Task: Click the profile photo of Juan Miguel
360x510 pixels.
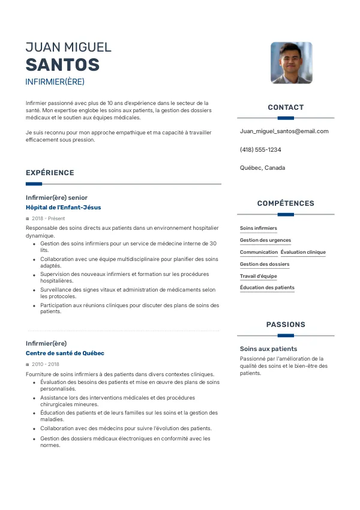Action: pyautogui.click(x=292, y=62)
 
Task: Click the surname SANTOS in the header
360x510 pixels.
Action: pyautogui.click(x=62, y=65)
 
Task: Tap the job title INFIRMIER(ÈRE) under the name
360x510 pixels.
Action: pyautogui.click(x=55, y=82)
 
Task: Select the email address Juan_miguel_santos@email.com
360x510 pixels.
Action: pyautogui.click(x=284, y=131)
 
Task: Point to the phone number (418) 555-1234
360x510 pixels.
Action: pyautogui.click(x=260, y=149)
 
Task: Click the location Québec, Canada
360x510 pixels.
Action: pyautogui.click(x=262, y=168)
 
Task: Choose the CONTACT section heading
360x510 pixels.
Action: pyautogui.click(x=286, y=107)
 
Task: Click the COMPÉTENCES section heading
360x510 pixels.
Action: pyautogui.click(x=286, y=203)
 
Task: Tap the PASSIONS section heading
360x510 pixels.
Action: pyautogui.click(x=286, y=325)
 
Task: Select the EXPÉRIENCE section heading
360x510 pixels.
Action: pyautogui.click(x=50, y=173)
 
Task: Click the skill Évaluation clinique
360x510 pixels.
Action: pyautogui.click(x=303, y=252)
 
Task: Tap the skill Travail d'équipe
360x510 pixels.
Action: pyautogui.click(x=259, y=276)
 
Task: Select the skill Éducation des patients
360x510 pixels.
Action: pyautogui.click(x=267, y=287)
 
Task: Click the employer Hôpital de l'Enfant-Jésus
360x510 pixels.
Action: pyautogui.click(x=63, y=208)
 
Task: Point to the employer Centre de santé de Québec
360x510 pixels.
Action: pyautogui.click(x=65, y=353)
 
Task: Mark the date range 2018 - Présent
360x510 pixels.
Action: pyautogui.click(x=49, y=218)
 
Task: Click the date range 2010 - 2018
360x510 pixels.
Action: pyautogui.click(x=46, y=364)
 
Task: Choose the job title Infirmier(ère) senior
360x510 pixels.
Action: pyautogui.click(x=56, y=197)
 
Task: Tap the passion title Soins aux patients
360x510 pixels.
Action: pyautogui.click(x=268, y=349)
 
